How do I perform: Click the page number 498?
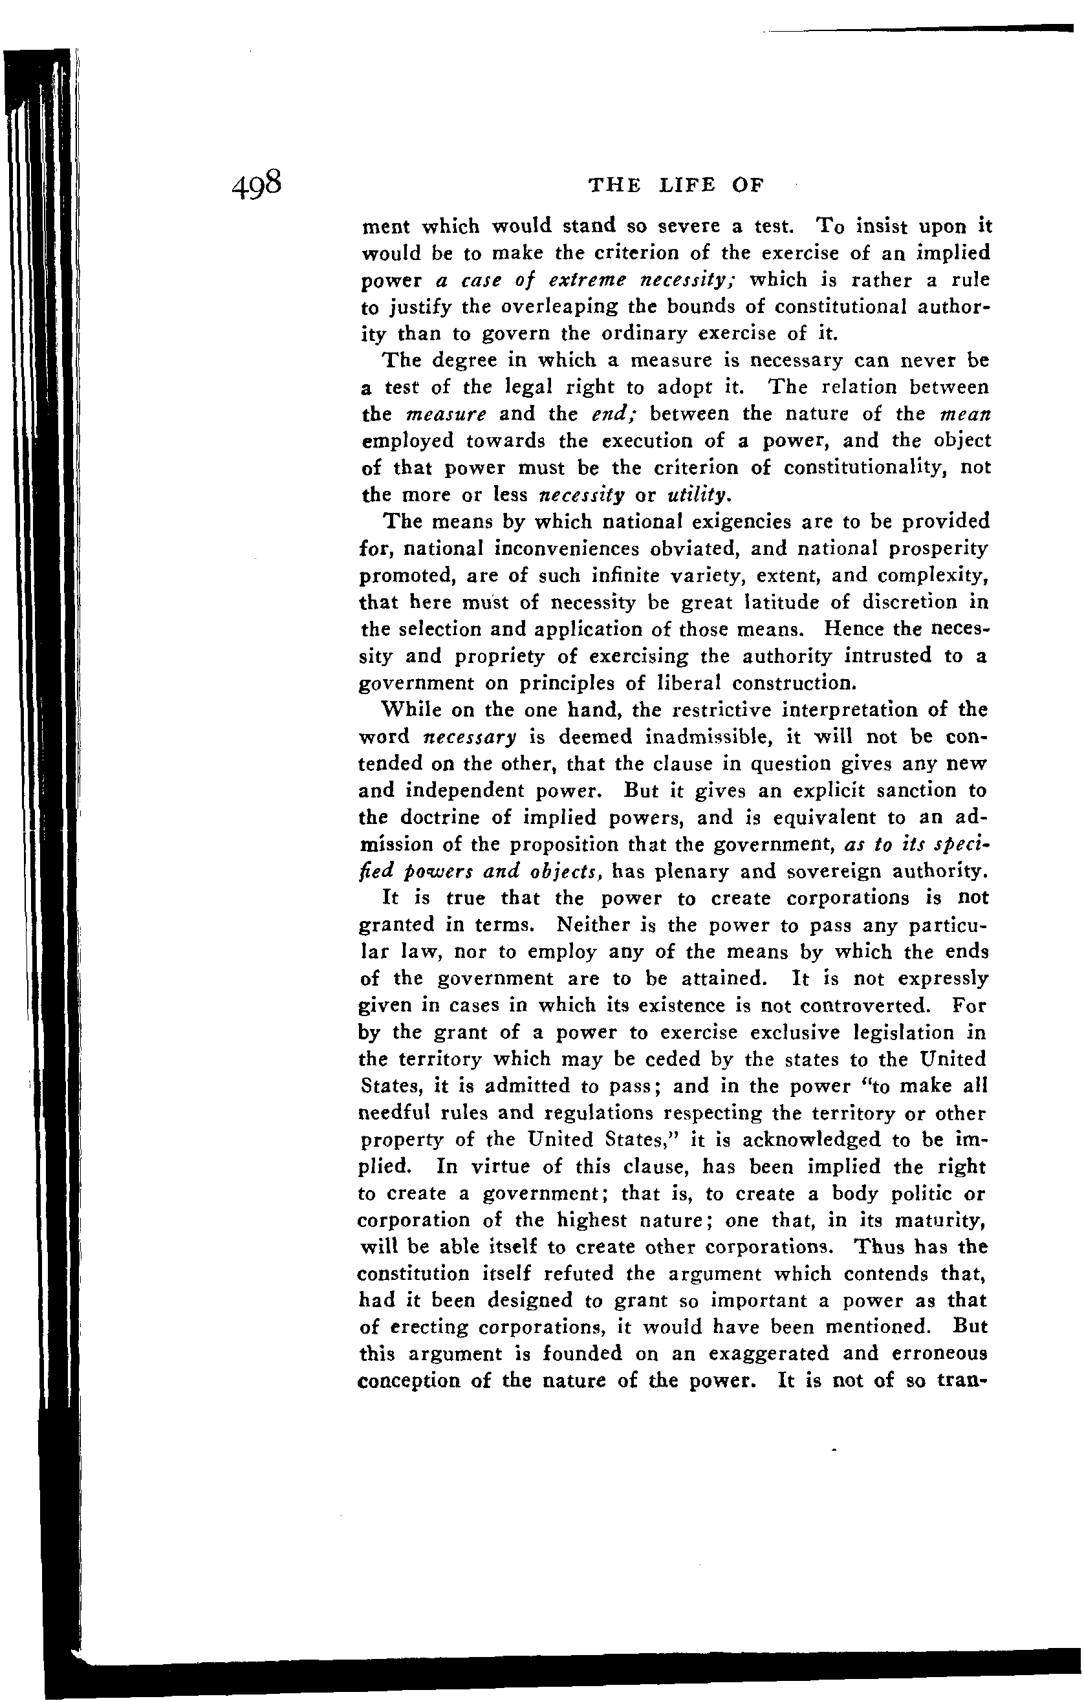(x=256, y=185)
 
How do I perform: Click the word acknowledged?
(x=794, y=1141)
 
